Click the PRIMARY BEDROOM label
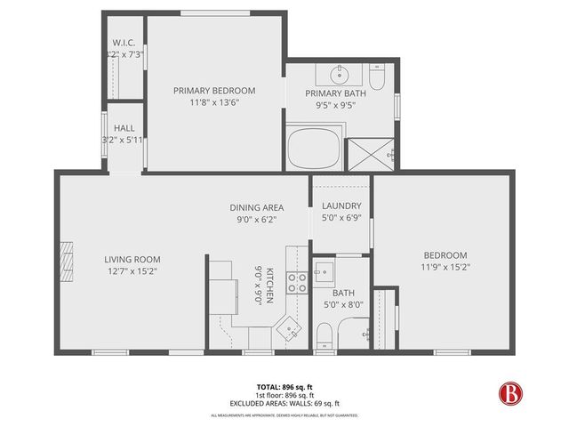point(214,90)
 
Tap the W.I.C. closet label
point(123,43)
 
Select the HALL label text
point(124,128)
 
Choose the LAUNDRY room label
point(341,206)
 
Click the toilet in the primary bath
point(376,79)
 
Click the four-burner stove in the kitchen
point(297,283)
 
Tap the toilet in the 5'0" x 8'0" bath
point(326,334)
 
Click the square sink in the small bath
point(324,268)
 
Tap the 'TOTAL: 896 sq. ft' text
point(284,387)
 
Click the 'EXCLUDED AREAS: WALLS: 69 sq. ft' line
point(284,403)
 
